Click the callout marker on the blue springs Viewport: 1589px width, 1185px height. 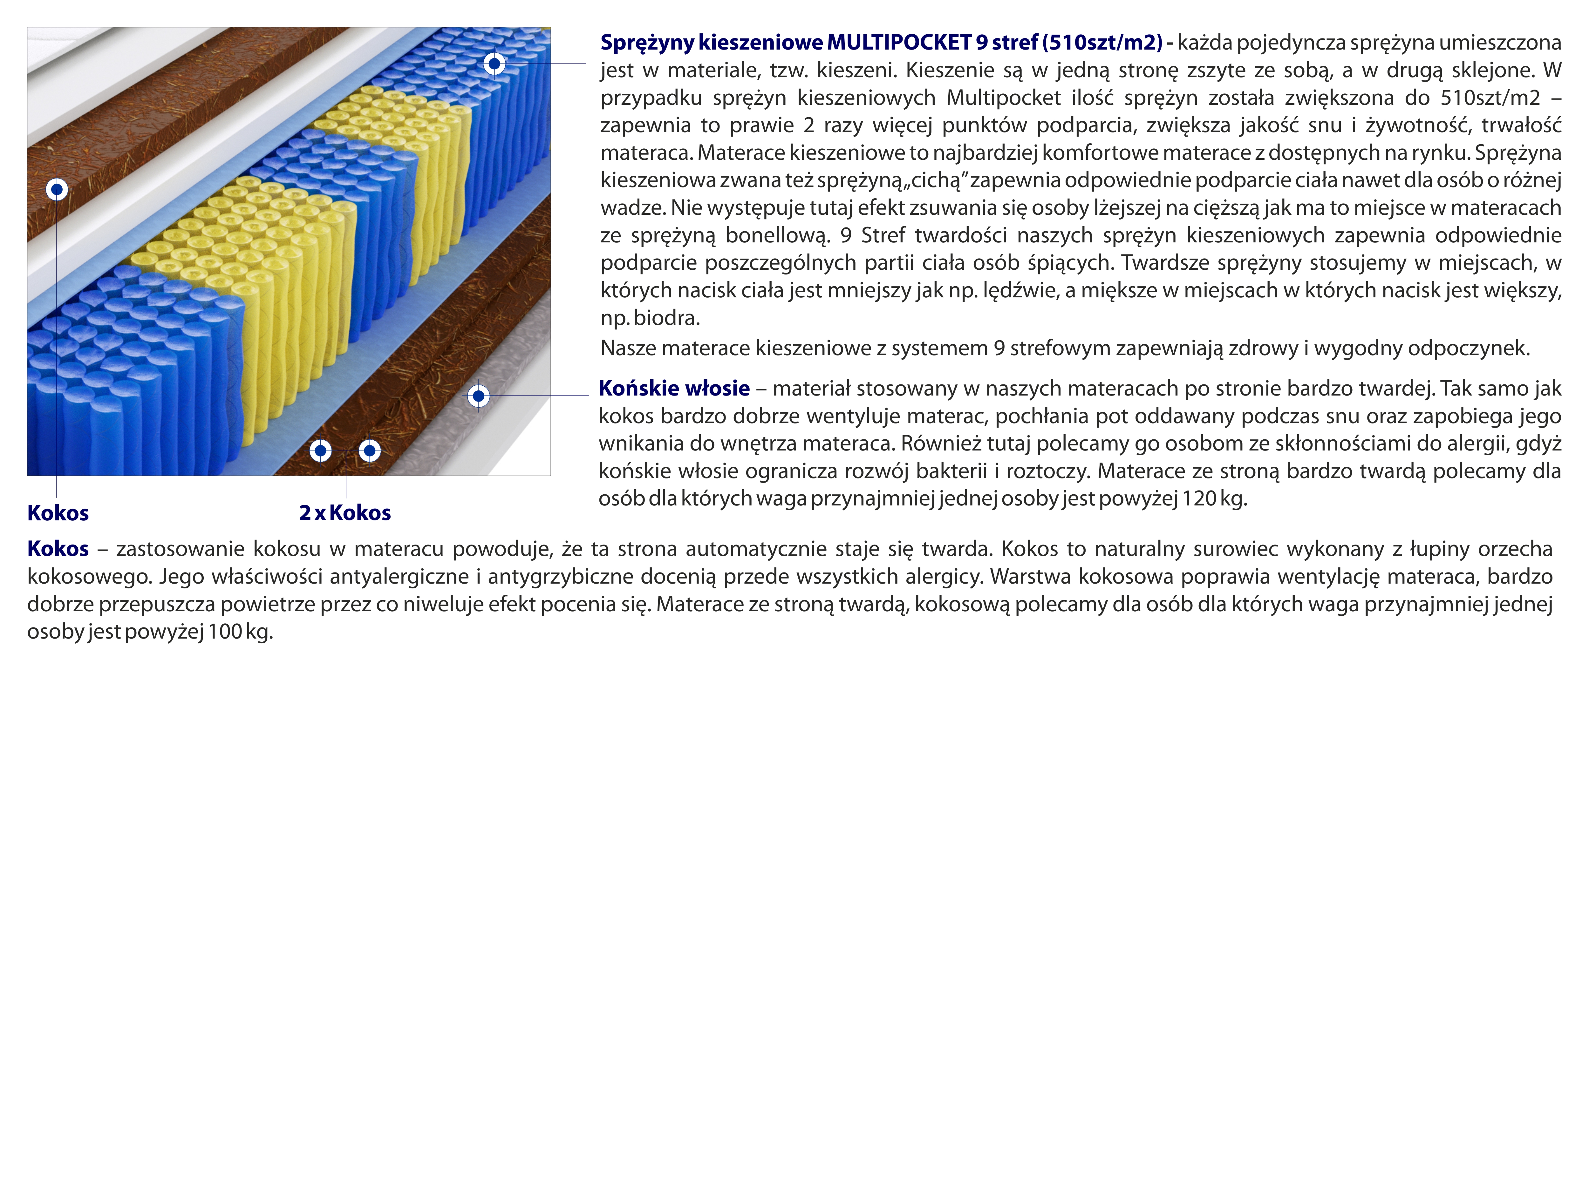coord(494,64)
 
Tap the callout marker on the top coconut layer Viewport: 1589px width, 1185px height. coord(57,189)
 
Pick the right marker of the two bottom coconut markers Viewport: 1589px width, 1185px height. coord(370,450)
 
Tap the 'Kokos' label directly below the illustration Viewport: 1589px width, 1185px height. coord(58,513)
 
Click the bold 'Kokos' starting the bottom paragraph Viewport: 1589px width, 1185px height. coord(58,549)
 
